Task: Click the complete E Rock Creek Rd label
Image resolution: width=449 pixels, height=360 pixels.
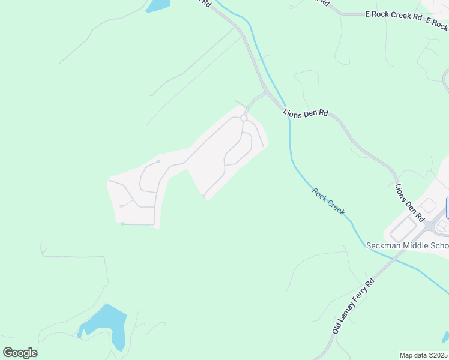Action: tap(394, 16)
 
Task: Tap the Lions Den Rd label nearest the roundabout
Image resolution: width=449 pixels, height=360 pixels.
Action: tap(306, 112)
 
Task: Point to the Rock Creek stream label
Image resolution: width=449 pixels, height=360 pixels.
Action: tap(328, 202)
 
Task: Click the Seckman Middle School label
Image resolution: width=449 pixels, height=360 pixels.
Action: tap(407, 246)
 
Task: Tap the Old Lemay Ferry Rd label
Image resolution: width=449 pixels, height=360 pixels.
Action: tap(353, 307)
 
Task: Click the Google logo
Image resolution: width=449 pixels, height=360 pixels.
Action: tap(20, 353)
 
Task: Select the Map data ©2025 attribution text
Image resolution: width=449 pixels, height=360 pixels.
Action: tap(424, 355)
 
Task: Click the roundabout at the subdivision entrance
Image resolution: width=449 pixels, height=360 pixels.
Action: tap(244, 118)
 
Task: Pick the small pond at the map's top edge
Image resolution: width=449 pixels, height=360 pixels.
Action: tap(158, 5)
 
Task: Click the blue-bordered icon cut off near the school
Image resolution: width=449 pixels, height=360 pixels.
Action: tap(447, 208)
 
